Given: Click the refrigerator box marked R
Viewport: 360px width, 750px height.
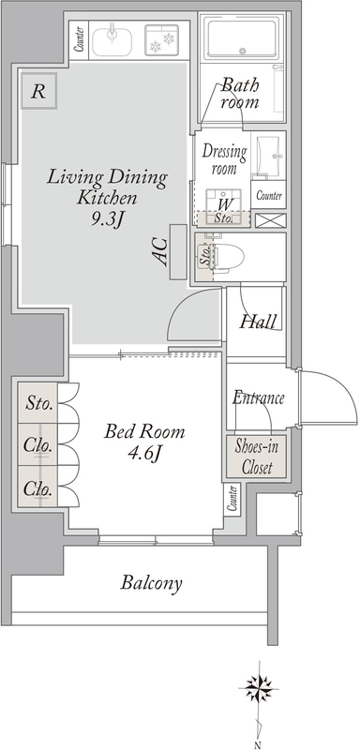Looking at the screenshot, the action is coord(38,90).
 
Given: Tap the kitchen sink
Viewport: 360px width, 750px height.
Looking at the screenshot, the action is coord(112,39).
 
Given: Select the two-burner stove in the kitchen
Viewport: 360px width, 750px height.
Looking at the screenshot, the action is coord(161,39).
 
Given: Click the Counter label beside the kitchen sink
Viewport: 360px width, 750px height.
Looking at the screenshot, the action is coord(80,39).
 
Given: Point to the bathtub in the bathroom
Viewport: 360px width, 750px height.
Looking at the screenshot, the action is coord(242,37).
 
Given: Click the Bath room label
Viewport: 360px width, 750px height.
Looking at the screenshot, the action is coord(240,95).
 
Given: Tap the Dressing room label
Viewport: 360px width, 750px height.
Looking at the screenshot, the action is coord(225,159).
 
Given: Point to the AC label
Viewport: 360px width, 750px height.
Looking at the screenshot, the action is coord(161,251).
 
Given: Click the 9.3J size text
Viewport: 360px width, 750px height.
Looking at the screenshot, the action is coord(107,218).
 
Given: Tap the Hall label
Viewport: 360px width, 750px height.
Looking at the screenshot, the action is coord(258,321).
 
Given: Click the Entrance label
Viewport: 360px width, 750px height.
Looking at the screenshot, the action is coord(258,397).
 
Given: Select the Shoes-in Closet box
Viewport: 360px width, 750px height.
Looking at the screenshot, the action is coord(256,457).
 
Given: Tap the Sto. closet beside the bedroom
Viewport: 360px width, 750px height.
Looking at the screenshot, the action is coord(38,403).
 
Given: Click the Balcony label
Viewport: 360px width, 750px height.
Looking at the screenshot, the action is coord(151,583).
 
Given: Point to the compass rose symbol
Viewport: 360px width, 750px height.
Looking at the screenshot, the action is coord(258,688).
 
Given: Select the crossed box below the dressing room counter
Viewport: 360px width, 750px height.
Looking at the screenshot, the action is coord(270,220).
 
